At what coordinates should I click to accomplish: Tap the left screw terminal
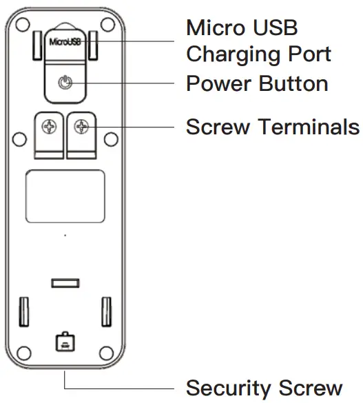[50, 127]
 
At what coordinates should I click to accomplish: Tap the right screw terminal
[82, 127]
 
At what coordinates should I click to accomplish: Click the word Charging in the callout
[237, 55]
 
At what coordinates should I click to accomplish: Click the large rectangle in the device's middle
[65, 196]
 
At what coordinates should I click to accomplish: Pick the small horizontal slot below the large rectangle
[65, 282]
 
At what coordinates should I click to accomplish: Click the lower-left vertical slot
[25, 311]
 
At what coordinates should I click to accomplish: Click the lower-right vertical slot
[107, 311]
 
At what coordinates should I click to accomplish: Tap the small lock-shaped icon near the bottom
[64, 340]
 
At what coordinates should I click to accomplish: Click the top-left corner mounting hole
[23, 32]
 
